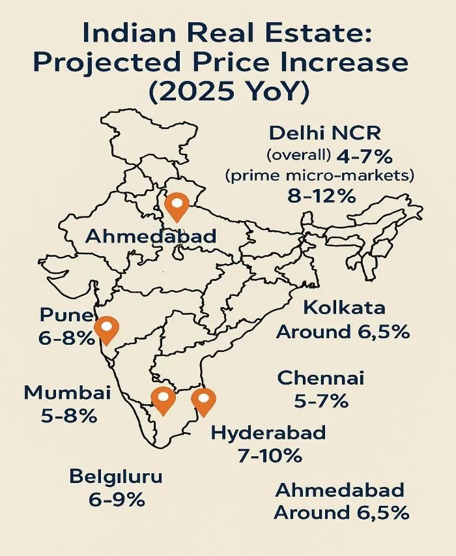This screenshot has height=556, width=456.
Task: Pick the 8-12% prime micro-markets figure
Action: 322,195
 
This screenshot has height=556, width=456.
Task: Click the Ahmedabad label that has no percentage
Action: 150,237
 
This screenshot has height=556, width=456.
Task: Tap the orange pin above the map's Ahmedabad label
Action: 177,207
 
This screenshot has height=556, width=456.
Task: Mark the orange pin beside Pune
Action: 106,330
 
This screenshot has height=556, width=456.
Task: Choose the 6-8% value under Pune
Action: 66,338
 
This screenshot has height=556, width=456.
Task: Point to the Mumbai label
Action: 67,393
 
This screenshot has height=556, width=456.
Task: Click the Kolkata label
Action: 344,308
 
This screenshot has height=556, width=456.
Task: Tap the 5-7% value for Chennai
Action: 321,401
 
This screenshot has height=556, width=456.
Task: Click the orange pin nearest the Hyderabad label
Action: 204,401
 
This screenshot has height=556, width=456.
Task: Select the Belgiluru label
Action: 116,477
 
